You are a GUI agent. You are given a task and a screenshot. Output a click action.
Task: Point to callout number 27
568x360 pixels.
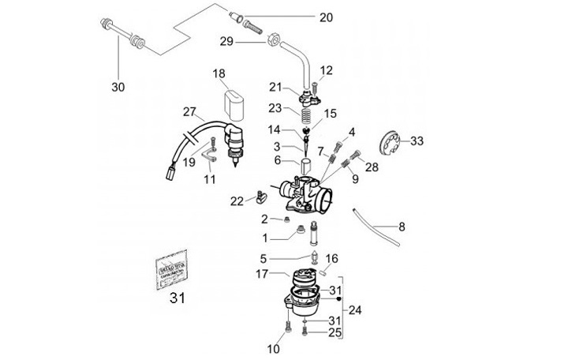tap(189, 111)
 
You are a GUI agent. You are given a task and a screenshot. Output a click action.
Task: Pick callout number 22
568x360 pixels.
tap(237, 201)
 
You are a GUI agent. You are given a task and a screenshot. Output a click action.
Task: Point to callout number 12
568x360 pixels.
tap(326, 70)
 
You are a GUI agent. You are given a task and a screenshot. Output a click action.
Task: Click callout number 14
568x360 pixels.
tap(273, 129)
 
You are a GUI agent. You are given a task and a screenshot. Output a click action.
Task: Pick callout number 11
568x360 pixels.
tap(209, 180)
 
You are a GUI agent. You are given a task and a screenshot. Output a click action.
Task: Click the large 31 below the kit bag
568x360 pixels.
tap(176, 298)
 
